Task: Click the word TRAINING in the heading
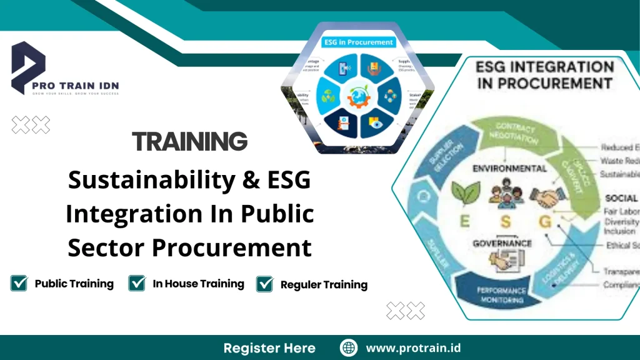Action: (189, 142)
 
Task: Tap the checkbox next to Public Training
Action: (19, 283)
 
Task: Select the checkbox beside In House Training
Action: (137, 283)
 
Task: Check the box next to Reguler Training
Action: (265, 284)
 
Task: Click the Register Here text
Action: (269, 348)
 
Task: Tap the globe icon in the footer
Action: (349, 348)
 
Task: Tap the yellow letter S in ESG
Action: (505, 221)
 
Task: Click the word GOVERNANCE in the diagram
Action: (502, 243)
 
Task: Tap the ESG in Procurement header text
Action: (358, 42)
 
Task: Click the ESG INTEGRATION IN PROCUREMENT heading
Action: (544, 74)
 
